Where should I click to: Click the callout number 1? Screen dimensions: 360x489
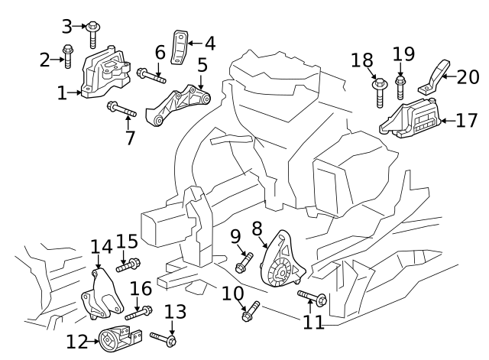[62, 93]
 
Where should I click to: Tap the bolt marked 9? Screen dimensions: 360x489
[244, 261]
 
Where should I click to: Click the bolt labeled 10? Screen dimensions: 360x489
[251, 311]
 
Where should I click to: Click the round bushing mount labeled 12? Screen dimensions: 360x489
[115, 338]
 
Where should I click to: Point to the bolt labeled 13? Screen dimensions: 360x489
[164, 337]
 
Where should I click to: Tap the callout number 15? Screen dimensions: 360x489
[126, 241]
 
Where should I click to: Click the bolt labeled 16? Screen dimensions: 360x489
[138, 312]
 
